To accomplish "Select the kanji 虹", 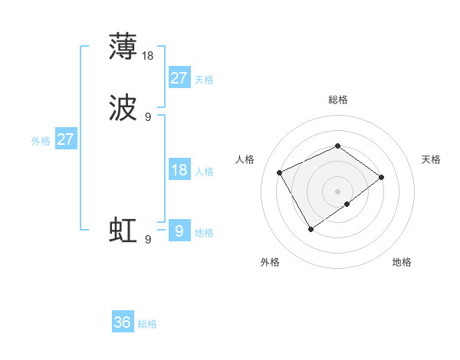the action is (x=123, y=231).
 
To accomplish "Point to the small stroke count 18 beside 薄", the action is (x=149, y=55).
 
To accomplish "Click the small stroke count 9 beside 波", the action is (x=148, y=117).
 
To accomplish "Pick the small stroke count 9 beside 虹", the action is (x=148, y=240).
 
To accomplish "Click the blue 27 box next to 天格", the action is (x=179, y=78).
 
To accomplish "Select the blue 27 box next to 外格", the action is (x=66, y=140).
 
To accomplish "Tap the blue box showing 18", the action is (x=179, y=170).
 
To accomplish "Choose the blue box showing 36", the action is (x=123, y=322).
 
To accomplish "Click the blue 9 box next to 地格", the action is (x=179, y=231).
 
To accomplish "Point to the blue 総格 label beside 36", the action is (x=148, y=324).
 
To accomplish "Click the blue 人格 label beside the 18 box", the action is (x=205, y=172).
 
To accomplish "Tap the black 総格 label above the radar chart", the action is (x=338, y=100).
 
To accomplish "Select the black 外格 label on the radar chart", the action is (x=270, y=262).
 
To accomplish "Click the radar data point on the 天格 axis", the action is (x=381, y=177).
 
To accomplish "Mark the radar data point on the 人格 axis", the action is (x=280, y=172).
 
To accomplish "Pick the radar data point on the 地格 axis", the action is (x=347, y=204).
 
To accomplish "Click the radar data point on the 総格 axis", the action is (x=338, y=146).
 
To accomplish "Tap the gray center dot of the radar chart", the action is (x=338, y=191).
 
